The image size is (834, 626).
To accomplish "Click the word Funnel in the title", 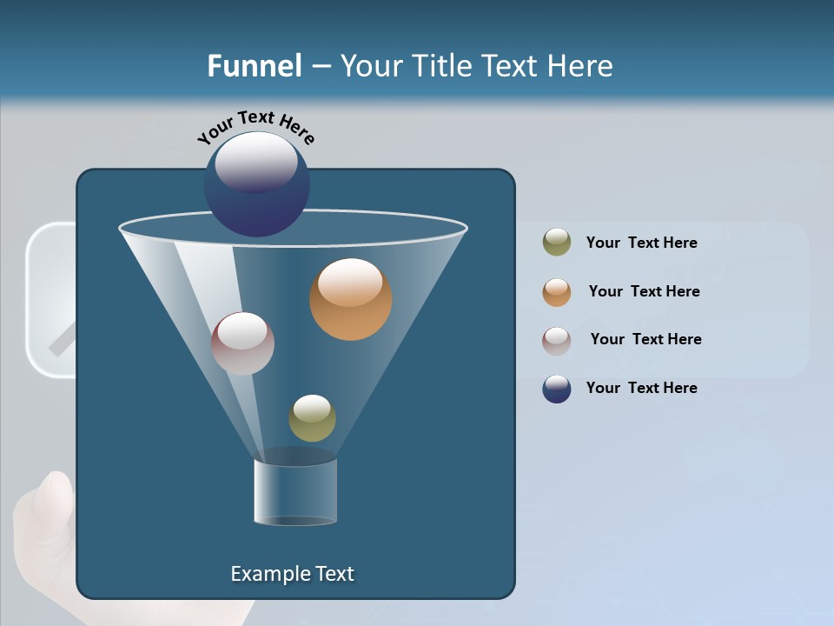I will (x=254, y=65).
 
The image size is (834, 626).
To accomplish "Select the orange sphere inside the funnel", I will (x=350, y=300).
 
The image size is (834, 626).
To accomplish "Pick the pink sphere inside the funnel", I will (x=242, y=344).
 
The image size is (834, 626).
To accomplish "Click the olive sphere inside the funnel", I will (x=312, y=418).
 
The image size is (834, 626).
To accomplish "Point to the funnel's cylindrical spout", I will (x=295, y=491).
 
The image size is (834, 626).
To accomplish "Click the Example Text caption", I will (x=292, y=574).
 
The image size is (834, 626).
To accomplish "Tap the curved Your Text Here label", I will (x=255, y=126).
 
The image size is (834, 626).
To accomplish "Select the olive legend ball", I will (x=557, y=243).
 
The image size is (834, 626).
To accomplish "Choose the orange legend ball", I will (x=557, y=292).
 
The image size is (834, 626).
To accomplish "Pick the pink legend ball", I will (x=557, y=340).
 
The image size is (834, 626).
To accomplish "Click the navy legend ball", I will (x=557, y=389).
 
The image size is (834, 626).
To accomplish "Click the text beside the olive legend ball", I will (x=641, y=243).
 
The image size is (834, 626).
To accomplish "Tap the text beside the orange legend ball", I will (x=644, y=291).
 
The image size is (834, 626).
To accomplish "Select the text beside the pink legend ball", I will (x=645, y=339).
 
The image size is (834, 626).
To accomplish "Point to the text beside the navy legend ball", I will (x=641, y=388).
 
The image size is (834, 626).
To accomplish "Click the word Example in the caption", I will (x=265, y=574).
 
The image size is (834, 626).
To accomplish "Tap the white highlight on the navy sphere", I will (x=255, y=161).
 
